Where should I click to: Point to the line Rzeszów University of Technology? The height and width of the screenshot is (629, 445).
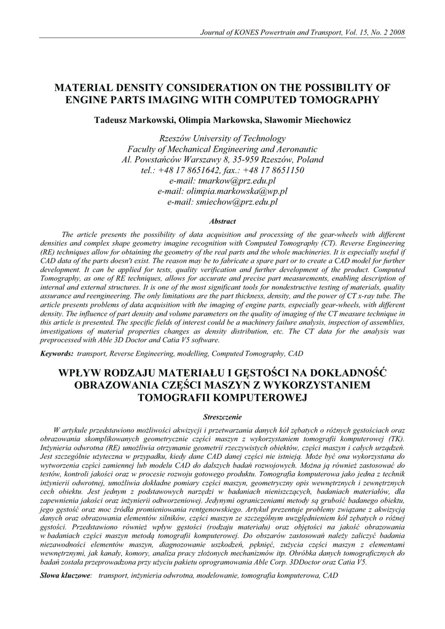coord(222,139)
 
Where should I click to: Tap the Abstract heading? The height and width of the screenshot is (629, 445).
coord(222,221)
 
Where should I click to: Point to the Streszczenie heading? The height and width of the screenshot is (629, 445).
coord(222,416)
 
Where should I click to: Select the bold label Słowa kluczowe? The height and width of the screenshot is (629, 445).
coord(65,576)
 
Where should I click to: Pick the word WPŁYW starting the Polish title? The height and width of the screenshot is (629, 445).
coord(80,373)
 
